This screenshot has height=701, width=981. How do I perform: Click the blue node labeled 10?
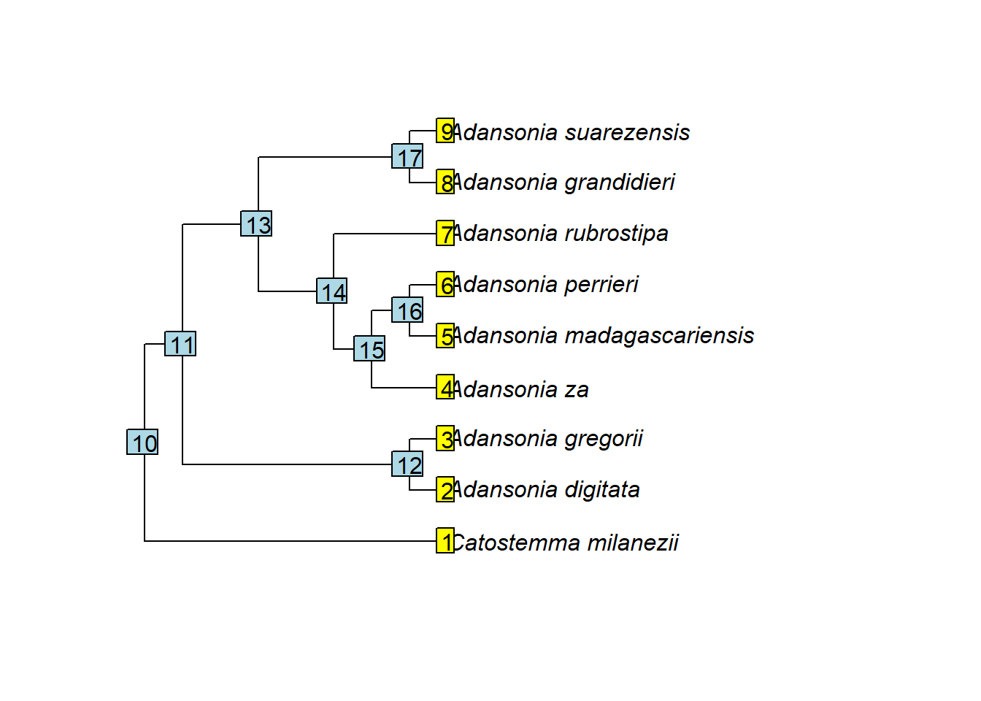coord(142,442)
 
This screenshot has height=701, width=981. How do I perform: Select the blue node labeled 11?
coord(180,344)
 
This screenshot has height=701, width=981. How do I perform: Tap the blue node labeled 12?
coord(407,464)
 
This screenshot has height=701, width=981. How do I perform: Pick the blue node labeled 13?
coord(256,224)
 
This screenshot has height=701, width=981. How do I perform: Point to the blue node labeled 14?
coord(331,291)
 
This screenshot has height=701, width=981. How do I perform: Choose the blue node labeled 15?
coord(369,349)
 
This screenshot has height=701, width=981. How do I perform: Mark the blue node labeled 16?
coord(407,310)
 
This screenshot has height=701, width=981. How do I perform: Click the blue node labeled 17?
coord(407,156)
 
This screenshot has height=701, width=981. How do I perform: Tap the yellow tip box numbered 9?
coord(445,131)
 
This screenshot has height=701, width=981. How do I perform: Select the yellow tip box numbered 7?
coord(445,233)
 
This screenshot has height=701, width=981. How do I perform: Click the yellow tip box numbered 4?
coord(445,387)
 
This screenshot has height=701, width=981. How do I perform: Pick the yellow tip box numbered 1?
coord(445,540)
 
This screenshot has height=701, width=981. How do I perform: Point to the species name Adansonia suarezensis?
coord(571,132)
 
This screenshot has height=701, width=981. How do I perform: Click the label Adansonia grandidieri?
coord(563,182)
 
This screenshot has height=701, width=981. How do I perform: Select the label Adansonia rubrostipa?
coord(560,233)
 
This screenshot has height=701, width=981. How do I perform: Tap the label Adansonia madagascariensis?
coord(603,335)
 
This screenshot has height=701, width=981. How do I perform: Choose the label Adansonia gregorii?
coord(547,438)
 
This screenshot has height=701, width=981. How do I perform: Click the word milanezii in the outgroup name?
coord(633,543)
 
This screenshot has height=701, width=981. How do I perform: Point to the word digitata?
coord(602,489)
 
